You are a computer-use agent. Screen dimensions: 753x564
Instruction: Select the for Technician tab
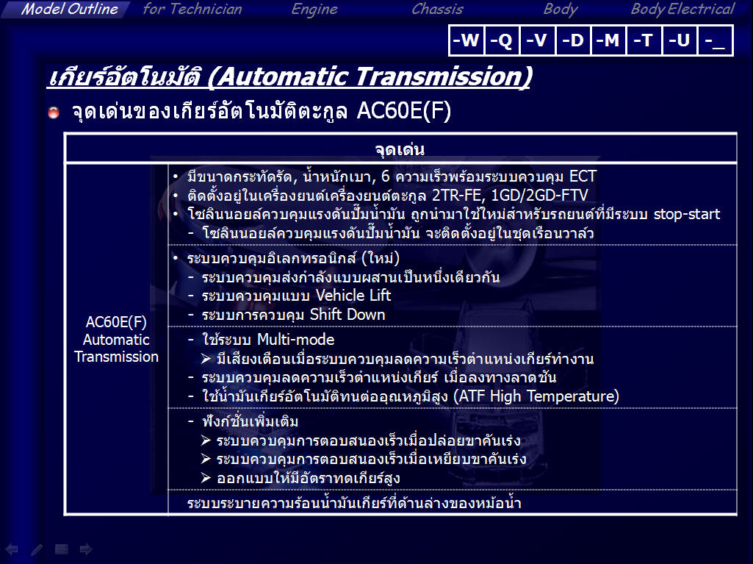point(192,9)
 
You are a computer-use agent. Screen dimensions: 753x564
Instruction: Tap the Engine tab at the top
point(314,10)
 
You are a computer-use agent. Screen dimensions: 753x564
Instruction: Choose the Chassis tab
point(437,9)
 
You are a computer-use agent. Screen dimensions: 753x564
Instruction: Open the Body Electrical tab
point(682,10)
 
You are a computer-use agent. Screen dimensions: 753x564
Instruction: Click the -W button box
point(466,40)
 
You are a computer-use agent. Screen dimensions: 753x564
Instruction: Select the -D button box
point(573,40)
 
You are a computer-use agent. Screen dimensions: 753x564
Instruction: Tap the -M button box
point(608,40)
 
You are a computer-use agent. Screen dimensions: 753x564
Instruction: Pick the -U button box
point(679,40)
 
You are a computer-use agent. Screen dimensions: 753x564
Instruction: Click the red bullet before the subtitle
point(54,113)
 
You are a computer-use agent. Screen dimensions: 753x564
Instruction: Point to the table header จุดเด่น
point(400,149)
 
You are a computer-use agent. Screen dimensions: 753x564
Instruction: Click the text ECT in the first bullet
point(583,176)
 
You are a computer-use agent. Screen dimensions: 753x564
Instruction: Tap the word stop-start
point(687,214)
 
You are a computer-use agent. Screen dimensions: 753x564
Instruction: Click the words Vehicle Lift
point(353,295)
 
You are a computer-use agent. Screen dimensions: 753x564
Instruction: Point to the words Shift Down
point(347,315)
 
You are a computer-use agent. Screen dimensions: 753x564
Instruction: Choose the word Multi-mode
point(295,340)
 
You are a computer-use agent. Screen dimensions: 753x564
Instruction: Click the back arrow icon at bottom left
point(12,549)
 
